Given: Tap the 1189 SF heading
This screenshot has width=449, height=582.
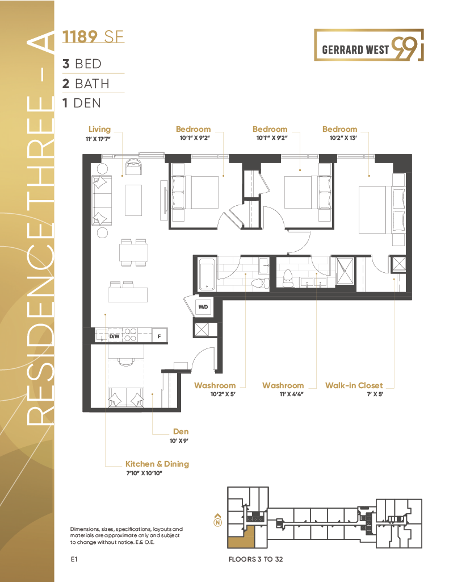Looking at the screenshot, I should point(93,38).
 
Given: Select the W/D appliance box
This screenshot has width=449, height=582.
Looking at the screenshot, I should point(203,307).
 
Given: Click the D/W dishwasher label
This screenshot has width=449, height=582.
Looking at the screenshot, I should point(114,336).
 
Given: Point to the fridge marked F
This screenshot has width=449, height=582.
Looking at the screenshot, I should point(159,336).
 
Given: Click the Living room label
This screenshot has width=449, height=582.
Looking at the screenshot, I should point(99,130).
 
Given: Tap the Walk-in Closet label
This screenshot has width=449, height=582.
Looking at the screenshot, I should point(354,385).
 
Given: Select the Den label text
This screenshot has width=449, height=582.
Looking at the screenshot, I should point(181,431).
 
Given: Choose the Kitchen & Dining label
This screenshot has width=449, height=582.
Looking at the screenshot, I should point(157,464).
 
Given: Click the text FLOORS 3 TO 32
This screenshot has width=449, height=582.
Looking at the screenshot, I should point(255,559).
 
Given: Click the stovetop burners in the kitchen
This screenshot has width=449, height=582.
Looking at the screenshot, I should point(131,335).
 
